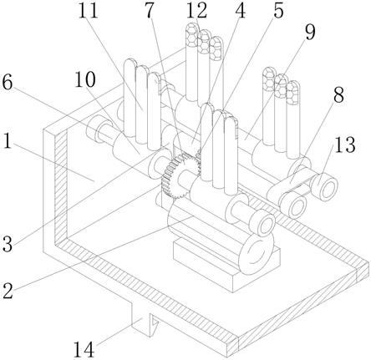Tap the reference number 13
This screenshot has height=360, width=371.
tap(345, 145)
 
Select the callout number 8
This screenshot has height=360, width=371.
tap(338, 95)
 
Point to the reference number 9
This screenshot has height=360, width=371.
tap(310, 32)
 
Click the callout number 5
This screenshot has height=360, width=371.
tap(278, 11)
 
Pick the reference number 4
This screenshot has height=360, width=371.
tap(240, 11)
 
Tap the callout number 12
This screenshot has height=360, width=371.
tap(196, 11)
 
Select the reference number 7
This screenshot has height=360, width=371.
tap(150, 11)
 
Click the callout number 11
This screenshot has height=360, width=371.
tap(88, 11)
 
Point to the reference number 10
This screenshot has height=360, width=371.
tap(85, 79)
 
